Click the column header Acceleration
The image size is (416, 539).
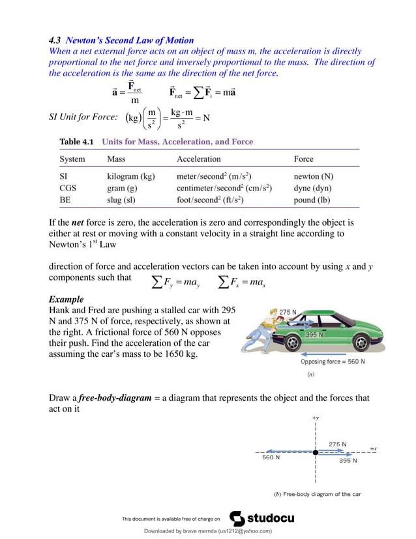(x=199, y=159)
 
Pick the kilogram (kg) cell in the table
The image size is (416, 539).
(x=130, y=176)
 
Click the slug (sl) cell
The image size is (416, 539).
(x=121, y=200)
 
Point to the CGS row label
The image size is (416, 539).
(x=68, y=188)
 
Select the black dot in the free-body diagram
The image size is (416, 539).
(x=315, y=452)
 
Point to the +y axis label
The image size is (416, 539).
(x=315, y=418)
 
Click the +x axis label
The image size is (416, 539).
(x=374, y=448)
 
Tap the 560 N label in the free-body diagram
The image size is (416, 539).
(x=271, y=457)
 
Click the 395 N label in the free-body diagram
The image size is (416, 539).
(x=348, y=460)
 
